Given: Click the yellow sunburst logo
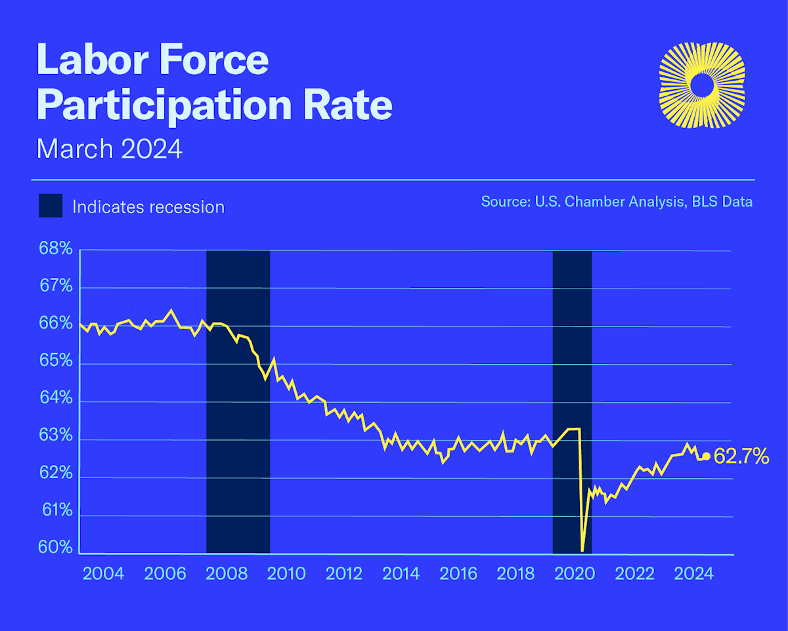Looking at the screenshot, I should pyautogui.click(x=701, y=85).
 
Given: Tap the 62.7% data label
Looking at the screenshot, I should pyautogui.click(x=741, y=457).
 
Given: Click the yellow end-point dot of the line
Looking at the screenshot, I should pyautogui.click(x=706, y=457).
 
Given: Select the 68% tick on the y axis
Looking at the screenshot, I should pyautogui.click(x=56, y=249).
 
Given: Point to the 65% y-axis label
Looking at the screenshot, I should pyautogui.click(x=56, y=362).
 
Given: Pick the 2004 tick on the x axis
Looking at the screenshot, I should pyautogui.click(x=104, y=574).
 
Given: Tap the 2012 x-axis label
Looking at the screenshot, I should pyautogui.click(x=344, y=574).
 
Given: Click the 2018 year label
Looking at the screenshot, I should pyautogui.click(x=516, y=574).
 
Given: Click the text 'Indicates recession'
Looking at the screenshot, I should pyautogui.click(x=148, y=207).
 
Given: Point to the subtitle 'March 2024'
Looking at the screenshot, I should pyautogui.click(x=109, y=149).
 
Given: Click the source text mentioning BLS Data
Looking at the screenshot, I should pyautogui.click(x=617, y=201).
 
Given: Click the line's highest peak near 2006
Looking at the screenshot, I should pyautogui.click(x=171, y=310).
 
